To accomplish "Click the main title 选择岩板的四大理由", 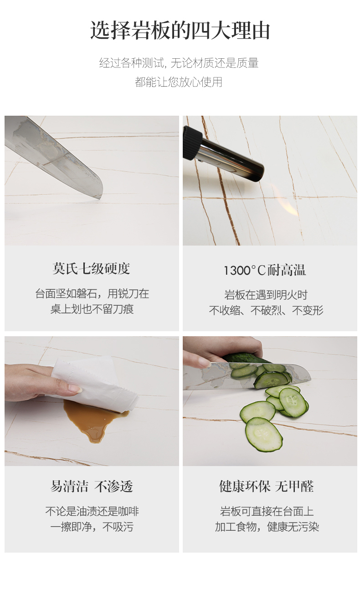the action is pos(180,30).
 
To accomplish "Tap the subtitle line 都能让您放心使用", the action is pos(179,82).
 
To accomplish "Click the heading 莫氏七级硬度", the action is pos(91,268).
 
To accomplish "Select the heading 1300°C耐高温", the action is pos(265,270).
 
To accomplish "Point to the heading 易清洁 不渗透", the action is pos(92,487).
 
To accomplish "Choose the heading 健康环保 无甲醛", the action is pos(266,487).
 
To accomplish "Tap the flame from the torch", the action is pos(285,199).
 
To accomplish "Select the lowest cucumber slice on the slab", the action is pos(263,435).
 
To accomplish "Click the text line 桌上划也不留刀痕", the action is pos(92,309).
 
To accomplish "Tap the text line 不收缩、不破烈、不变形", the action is pos(266,310).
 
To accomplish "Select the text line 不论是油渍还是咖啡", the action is pos(92,511).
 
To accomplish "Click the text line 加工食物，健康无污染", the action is pos(267,527).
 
